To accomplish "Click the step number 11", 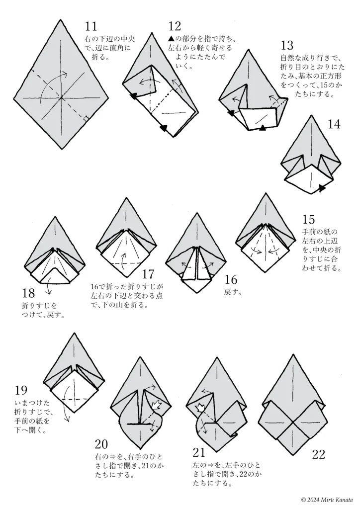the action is point(90,26).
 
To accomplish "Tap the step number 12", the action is point(175,26).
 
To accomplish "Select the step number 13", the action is point(286,45).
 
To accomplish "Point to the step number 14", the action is point(334,124).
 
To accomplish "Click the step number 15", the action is point(308,220).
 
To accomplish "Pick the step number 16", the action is point(231,279).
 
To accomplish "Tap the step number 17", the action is point(148,274).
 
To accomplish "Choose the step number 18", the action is point(28,293).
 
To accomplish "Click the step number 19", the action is point(21,390).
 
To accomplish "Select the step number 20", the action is point(101,444).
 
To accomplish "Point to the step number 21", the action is point(199,452).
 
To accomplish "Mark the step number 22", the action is point(318,454).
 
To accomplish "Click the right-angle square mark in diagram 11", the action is point(86,119).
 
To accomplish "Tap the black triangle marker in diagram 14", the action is point(322,187).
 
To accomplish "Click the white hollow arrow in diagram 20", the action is point(156,405).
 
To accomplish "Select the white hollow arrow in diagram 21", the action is point(199,408).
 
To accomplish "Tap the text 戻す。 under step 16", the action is point(233,292).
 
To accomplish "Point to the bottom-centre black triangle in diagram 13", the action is point(263,128).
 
